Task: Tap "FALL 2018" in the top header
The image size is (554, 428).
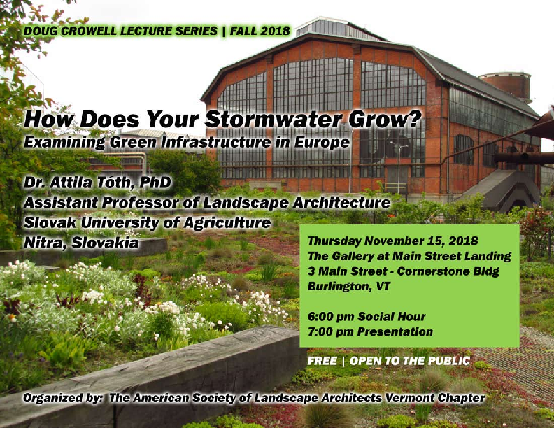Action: pos(260,31)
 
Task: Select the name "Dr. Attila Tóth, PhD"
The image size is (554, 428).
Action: pos(97,183)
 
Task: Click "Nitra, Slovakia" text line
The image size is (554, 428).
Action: pos(81,243)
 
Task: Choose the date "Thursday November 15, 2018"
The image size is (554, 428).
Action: pos(393,241)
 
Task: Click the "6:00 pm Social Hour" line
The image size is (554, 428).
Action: pos(367,316)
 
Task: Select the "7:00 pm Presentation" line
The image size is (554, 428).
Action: pos(370,331)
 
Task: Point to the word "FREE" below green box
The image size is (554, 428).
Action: pos(322,361)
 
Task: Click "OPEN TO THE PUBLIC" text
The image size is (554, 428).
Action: pos(410,361)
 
